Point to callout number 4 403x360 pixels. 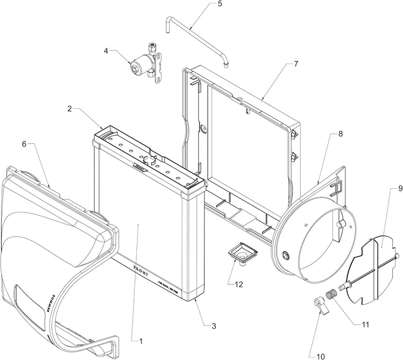(x=106, y=51)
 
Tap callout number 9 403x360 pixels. (x=393, y=189)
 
